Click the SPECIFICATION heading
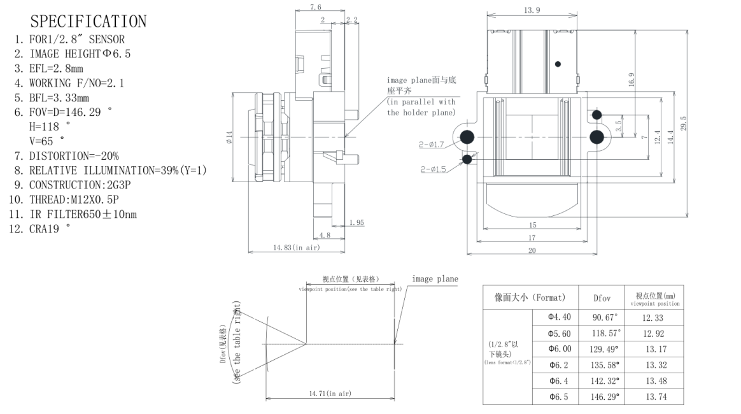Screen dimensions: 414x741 [88, 21]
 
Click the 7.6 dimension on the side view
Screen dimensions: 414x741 [316, 7]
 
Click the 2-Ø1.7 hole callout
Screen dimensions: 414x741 [431, 145]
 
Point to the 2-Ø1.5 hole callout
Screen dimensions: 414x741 [433, 169]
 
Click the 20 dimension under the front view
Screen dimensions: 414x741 [531, 250]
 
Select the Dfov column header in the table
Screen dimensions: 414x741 [602, 297]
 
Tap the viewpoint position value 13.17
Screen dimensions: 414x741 [654, 348]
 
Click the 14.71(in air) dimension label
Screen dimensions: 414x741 [330, 394]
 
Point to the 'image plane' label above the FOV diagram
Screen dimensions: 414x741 [435, 279]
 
